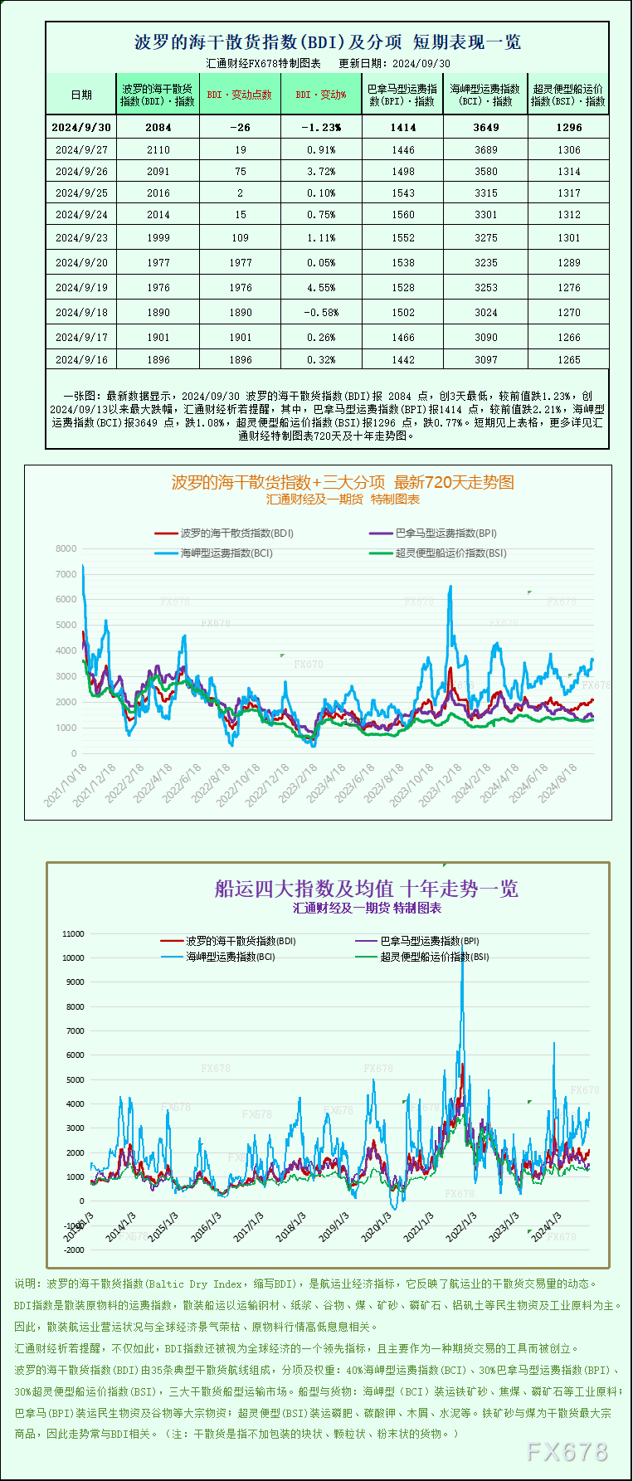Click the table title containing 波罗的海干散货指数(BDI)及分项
(328, 42)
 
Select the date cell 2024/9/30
(81, 128)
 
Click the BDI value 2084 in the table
(158, 128)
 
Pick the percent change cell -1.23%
(321, 128)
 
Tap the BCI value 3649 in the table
(486, 128)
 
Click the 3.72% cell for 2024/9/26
(321, 172)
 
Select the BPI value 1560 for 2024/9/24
(403, 215)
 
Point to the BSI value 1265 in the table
(569, 360)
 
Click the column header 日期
(81, 95)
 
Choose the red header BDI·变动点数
(240, 95)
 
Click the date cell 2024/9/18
(81, 313)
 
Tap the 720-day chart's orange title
(343, 482)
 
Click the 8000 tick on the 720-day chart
(66, 549)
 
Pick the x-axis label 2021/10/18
(65, 786)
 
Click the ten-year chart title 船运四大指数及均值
(366, 889)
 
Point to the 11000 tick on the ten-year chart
(73, 934)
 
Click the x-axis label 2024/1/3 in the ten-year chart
(543, 1226)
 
